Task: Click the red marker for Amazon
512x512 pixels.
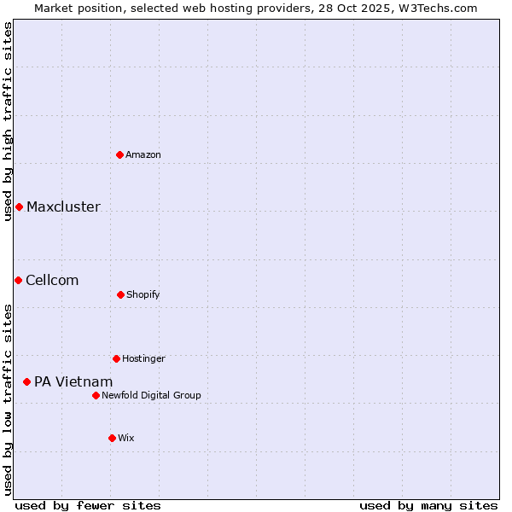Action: [120, 154]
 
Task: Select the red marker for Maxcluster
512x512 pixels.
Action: [19, 207]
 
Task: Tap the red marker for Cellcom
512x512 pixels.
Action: [18, 280]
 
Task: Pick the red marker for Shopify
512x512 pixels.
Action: [120, 294]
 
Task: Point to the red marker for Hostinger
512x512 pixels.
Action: [116, 358]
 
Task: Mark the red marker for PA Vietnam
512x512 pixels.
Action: [26, 381]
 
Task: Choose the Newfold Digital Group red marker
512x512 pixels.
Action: [96, 395]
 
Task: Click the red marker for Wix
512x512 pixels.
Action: [112, 438]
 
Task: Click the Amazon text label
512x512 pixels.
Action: [143, 154]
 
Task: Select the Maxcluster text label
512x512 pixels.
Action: [63, 207]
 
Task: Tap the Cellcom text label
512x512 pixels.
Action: [52, 280]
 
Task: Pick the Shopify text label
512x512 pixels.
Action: [143, 294]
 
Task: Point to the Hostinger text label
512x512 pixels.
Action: [143, 358]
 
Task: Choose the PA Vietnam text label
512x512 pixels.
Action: [73, 381]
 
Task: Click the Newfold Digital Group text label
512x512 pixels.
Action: [151, 395]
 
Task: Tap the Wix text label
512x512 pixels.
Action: [126, 438]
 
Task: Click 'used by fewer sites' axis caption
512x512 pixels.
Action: [88, 505]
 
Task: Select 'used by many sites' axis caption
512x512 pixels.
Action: [428, 505]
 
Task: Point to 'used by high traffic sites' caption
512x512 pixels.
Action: [8, 121]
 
